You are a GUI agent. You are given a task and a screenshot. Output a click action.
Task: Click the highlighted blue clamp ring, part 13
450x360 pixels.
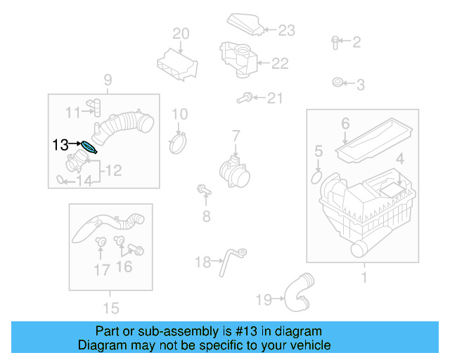coord(89,147)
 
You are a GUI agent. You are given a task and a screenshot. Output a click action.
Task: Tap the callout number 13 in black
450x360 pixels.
coord(61,145)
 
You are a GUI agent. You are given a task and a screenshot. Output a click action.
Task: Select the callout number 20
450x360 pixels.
coord(181,33)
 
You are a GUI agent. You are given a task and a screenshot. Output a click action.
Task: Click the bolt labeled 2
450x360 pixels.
coord(335,42)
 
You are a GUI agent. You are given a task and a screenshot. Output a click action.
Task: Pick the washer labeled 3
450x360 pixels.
coord(338,84)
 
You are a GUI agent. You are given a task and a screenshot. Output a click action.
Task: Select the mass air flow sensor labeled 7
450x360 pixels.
coord(233,172)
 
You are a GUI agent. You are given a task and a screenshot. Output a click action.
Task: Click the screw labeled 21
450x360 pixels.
coord(246,98)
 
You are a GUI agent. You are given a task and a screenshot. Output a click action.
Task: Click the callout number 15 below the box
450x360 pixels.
coord(110,307)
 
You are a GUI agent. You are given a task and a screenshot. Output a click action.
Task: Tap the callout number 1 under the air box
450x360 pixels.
coord(364,278)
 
